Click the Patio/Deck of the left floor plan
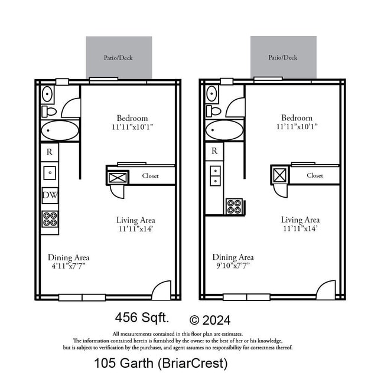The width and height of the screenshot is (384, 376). click(119, 57)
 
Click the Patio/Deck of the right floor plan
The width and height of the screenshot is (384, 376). click(283, 57)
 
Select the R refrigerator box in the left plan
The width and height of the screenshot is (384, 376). click(50, 152)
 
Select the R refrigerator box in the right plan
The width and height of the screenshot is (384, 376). click(214, 151)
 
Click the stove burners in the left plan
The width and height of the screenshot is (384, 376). click(50, 219)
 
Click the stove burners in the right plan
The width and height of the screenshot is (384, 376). click(235, 207)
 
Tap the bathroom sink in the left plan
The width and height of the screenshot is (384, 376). click(48, 94)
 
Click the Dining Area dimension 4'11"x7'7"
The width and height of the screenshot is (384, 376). click(69, 266)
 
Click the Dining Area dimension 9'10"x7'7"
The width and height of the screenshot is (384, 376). click(233, 266)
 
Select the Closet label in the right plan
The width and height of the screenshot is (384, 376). click(315, 175)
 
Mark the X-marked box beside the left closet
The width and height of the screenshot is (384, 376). click(118, 176)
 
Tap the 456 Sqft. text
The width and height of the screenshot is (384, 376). click(142, 318)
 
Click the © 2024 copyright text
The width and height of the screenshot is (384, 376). click(210, 321)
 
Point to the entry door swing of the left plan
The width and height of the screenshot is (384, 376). click(161, 289)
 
